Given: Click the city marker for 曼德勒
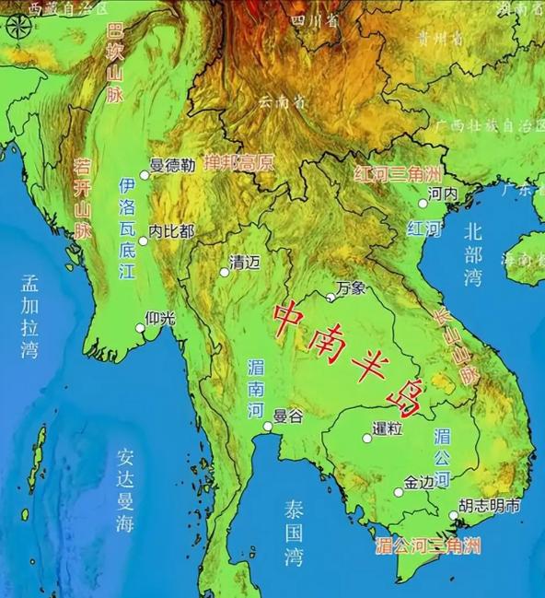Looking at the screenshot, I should [x=144, y=175].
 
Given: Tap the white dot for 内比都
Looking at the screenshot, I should [x=143, y=240].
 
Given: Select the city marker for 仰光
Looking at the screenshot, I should [x=141, y=327].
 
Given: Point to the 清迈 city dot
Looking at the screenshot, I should [x=224, y=272].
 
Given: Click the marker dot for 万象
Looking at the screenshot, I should [x=331, y=297].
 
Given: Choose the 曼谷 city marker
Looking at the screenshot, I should [x=267, y=427].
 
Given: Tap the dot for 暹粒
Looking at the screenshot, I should [x=366, y=439].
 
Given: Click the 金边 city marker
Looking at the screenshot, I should [x=399, y=492].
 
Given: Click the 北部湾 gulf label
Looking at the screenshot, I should [x=473, y=254].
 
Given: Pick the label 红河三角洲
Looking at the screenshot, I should [x=399, y=175].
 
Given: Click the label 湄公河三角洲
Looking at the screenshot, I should [x=428, y=545].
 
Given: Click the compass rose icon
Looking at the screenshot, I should [x=16, y=26].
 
